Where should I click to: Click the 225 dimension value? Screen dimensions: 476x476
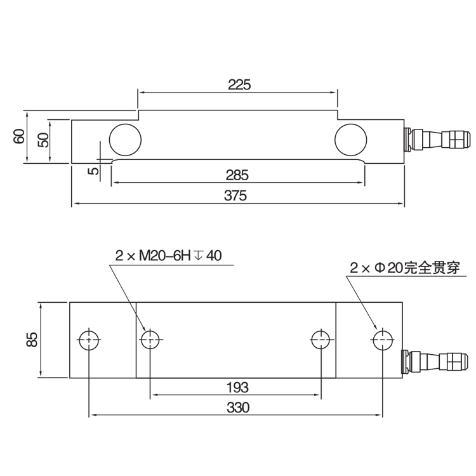[239, 84]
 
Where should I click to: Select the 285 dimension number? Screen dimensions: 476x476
[237, 175]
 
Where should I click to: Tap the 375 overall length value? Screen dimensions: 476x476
[235, 195]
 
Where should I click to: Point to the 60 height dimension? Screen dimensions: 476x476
[19, 136]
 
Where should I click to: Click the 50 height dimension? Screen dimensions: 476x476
[43, 140]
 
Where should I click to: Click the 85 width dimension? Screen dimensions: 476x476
[32, 340]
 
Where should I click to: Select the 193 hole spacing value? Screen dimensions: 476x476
[238, 388]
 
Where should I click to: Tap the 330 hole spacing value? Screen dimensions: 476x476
[238, 407]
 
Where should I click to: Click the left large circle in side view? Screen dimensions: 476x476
[125, 140]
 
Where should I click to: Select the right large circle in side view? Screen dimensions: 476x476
[350, 140]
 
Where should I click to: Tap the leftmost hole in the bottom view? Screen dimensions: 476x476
[89, 340]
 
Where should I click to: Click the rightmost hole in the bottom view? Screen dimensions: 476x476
[383, 340]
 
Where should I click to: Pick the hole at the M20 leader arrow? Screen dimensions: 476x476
[150, 340]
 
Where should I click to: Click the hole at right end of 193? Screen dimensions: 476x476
[321, 340]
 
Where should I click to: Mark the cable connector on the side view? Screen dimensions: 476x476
[438, 140]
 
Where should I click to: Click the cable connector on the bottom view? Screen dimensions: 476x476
[435, 361]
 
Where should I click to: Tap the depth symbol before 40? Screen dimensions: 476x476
[198, 256]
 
